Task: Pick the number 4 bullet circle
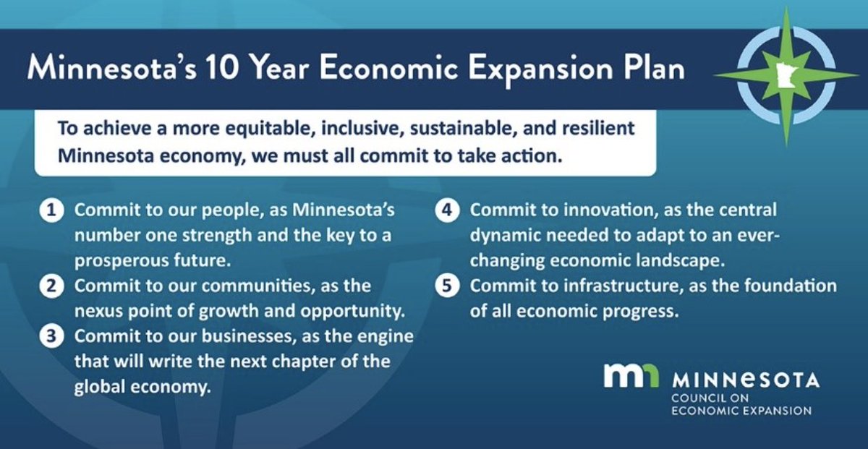point(448,212)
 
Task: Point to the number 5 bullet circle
point(448,286)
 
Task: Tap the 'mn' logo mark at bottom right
point(631,377)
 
